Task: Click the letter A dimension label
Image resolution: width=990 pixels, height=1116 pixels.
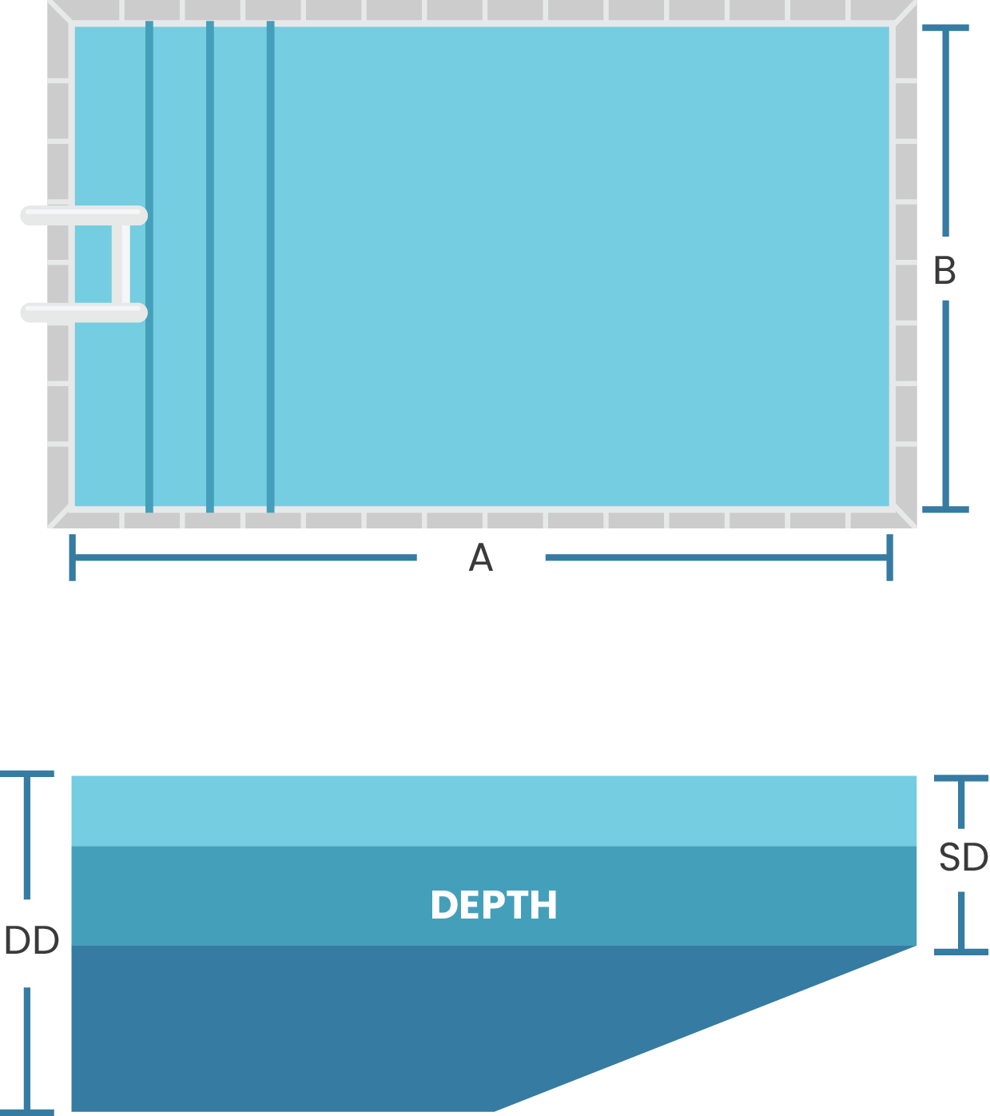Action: click(x=480, y=558)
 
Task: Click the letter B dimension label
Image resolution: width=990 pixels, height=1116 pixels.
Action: click(x=944, y=270)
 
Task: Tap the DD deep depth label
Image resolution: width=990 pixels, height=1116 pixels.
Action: click(x=32, y=941)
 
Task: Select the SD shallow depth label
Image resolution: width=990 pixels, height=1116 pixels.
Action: click(x=963, y=858)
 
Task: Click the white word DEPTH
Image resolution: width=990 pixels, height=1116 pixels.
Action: click(x=494, y=905)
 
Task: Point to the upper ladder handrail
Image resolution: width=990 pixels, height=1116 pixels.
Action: click(x=84, y=216)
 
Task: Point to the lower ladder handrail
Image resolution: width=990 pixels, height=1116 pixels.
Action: click(x=84, y=313)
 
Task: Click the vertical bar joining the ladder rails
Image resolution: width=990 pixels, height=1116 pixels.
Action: click(x=121, y=264)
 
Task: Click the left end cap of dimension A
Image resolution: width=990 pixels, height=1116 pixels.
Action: click(x=73, y=557)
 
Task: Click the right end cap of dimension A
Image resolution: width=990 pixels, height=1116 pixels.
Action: click(x=889, y=557)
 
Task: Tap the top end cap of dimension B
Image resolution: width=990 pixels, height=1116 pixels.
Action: click(x=945, y=28)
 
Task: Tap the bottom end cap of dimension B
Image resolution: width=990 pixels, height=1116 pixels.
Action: click(x=945, y=509)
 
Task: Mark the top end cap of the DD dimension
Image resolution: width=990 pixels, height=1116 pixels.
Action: click(x=27, y=774)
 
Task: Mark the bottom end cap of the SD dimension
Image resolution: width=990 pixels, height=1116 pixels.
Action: click(x=961, y=951)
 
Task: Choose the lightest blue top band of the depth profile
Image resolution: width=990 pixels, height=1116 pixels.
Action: click(x=494, y=811)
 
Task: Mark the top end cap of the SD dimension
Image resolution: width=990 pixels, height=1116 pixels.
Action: click(x=961, y=778)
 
